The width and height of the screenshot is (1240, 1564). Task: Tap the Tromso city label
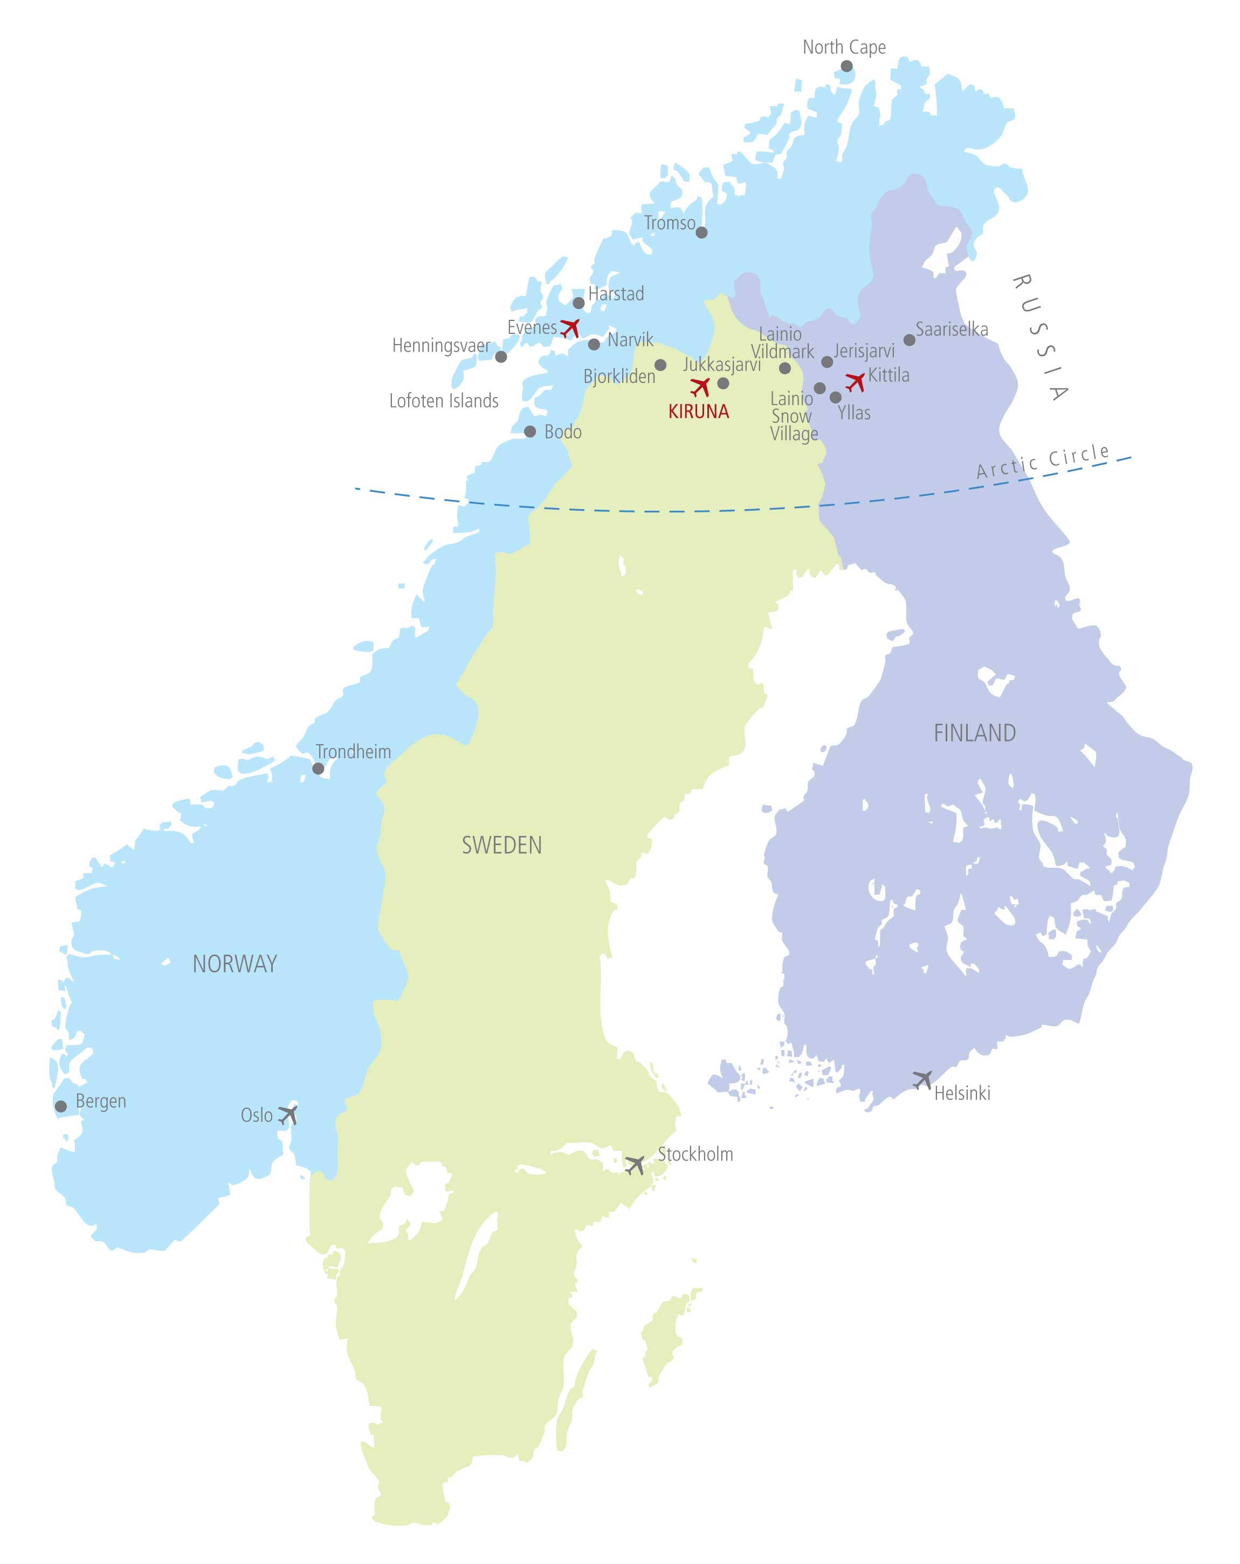click(x=669, y=223)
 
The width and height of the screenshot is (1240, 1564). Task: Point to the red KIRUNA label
click(x=698, y=412)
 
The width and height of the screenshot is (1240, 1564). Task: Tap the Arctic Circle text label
click(x=1043, y=462)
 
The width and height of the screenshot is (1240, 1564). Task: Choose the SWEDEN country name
click(x=502, y=845)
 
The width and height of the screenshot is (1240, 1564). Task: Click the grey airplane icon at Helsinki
click(x=922, y=1079)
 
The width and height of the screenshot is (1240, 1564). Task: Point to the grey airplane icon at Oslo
click(x=288, y=1115)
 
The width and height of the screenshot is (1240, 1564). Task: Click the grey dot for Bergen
click(x=61, y=1106)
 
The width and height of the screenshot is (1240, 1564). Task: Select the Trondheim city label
click(x=353, y=752)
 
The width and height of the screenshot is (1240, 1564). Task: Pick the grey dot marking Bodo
click(x=530, y=431)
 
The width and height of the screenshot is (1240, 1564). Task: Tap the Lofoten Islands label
click(x=444, y=400)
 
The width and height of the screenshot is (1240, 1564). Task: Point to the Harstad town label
click(x=616, y=294)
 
